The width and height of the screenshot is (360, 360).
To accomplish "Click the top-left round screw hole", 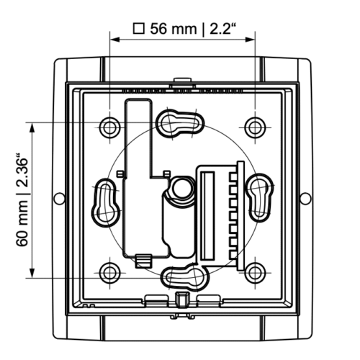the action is [x=109, y=127].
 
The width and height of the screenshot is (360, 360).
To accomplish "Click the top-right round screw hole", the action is [x=255, y=127].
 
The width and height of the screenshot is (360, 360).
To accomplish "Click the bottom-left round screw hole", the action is [x=109, y=273].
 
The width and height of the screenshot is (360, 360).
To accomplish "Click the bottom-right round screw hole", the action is [x=255, y=273].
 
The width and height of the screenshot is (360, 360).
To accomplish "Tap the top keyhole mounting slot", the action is [x=180, y=124].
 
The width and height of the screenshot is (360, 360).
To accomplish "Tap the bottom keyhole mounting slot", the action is [x=185, y=277].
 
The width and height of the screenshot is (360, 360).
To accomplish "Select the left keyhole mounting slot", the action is [x=106, y=202].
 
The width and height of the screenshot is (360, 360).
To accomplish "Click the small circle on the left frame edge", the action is [x=59, y=199].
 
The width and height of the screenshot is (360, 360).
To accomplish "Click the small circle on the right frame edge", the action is [x=305, y=199].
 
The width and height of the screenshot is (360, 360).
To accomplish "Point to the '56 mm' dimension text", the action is [x=173, y=29].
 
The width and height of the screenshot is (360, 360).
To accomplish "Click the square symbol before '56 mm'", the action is [x=139, y=29].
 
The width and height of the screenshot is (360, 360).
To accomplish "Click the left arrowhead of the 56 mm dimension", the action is [x=114, y=40].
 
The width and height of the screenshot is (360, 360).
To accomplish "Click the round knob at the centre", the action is [x=183, y=188].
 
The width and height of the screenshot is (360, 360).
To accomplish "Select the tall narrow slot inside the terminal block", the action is [x=207, y=215].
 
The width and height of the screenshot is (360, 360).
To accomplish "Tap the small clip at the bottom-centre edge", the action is [x=181, y=299].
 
